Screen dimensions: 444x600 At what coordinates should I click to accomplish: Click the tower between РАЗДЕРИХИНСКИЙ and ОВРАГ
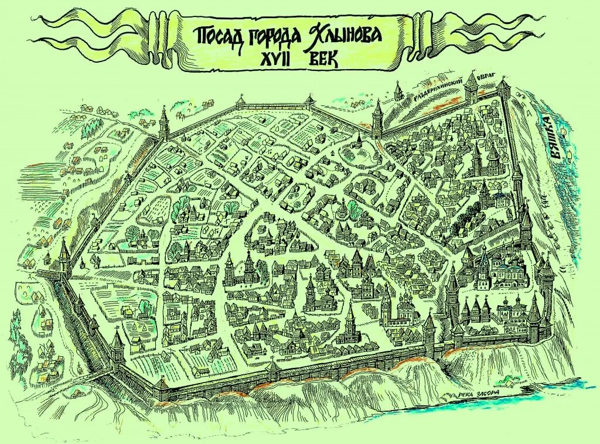(471, 88)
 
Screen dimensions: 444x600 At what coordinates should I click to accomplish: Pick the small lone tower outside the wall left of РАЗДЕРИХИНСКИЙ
(398, 91)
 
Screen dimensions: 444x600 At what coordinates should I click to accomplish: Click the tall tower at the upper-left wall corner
(163, 123)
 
